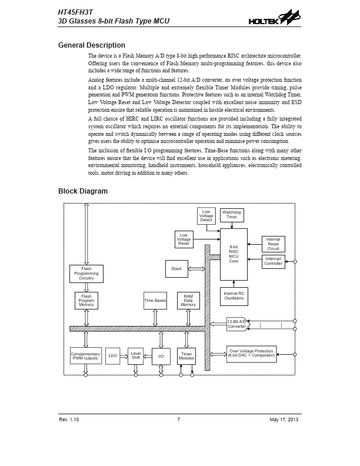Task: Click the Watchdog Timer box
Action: (232, 214)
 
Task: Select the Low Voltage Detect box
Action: (206, 216)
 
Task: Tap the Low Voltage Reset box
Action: (184, 239)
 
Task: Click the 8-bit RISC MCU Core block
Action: (234, 254)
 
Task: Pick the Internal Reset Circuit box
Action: (273, 244)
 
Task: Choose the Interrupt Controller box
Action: (273, 261)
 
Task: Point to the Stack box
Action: (176, 269)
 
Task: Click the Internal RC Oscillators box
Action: (234, 296)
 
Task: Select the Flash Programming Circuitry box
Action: (86, 274)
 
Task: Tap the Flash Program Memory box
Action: (86, 301)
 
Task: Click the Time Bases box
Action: (155, 301)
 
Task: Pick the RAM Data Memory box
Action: (188, 301)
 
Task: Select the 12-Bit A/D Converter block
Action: (238, 324)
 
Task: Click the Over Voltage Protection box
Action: (251, 354)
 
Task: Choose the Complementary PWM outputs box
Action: (85, 356)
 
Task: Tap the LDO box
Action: (112, 356)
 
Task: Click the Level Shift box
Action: (136, 356)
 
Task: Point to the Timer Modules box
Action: (186, 356)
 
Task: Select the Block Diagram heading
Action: (83, 191)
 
